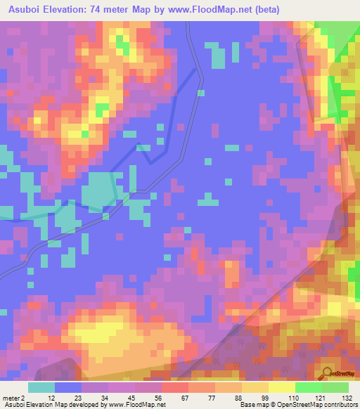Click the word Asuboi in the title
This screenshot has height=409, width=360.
pyautogui.click(x=23, y=10)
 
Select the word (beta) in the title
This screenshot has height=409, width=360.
pyautogui.click(x=264, y=10)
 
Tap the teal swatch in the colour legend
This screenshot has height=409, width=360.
pyautogui.click(x=41, y=387)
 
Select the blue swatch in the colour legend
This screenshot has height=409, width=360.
pyautogui.click(x=68, y=387)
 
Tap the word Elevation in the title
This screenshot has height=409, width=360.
pyautogui.click(x=66, y=10)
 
